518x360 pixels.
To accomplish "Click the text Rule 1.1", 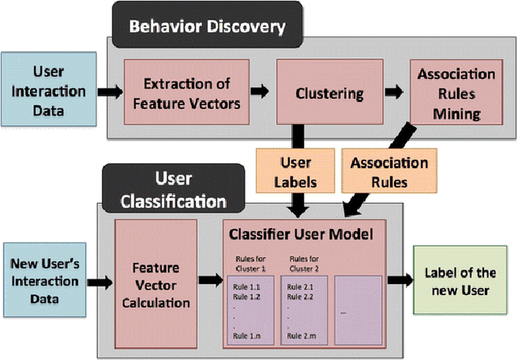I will click(x=247, y=286).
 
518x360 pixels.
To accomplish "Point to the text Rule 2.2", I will click(x=300, y=297).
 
